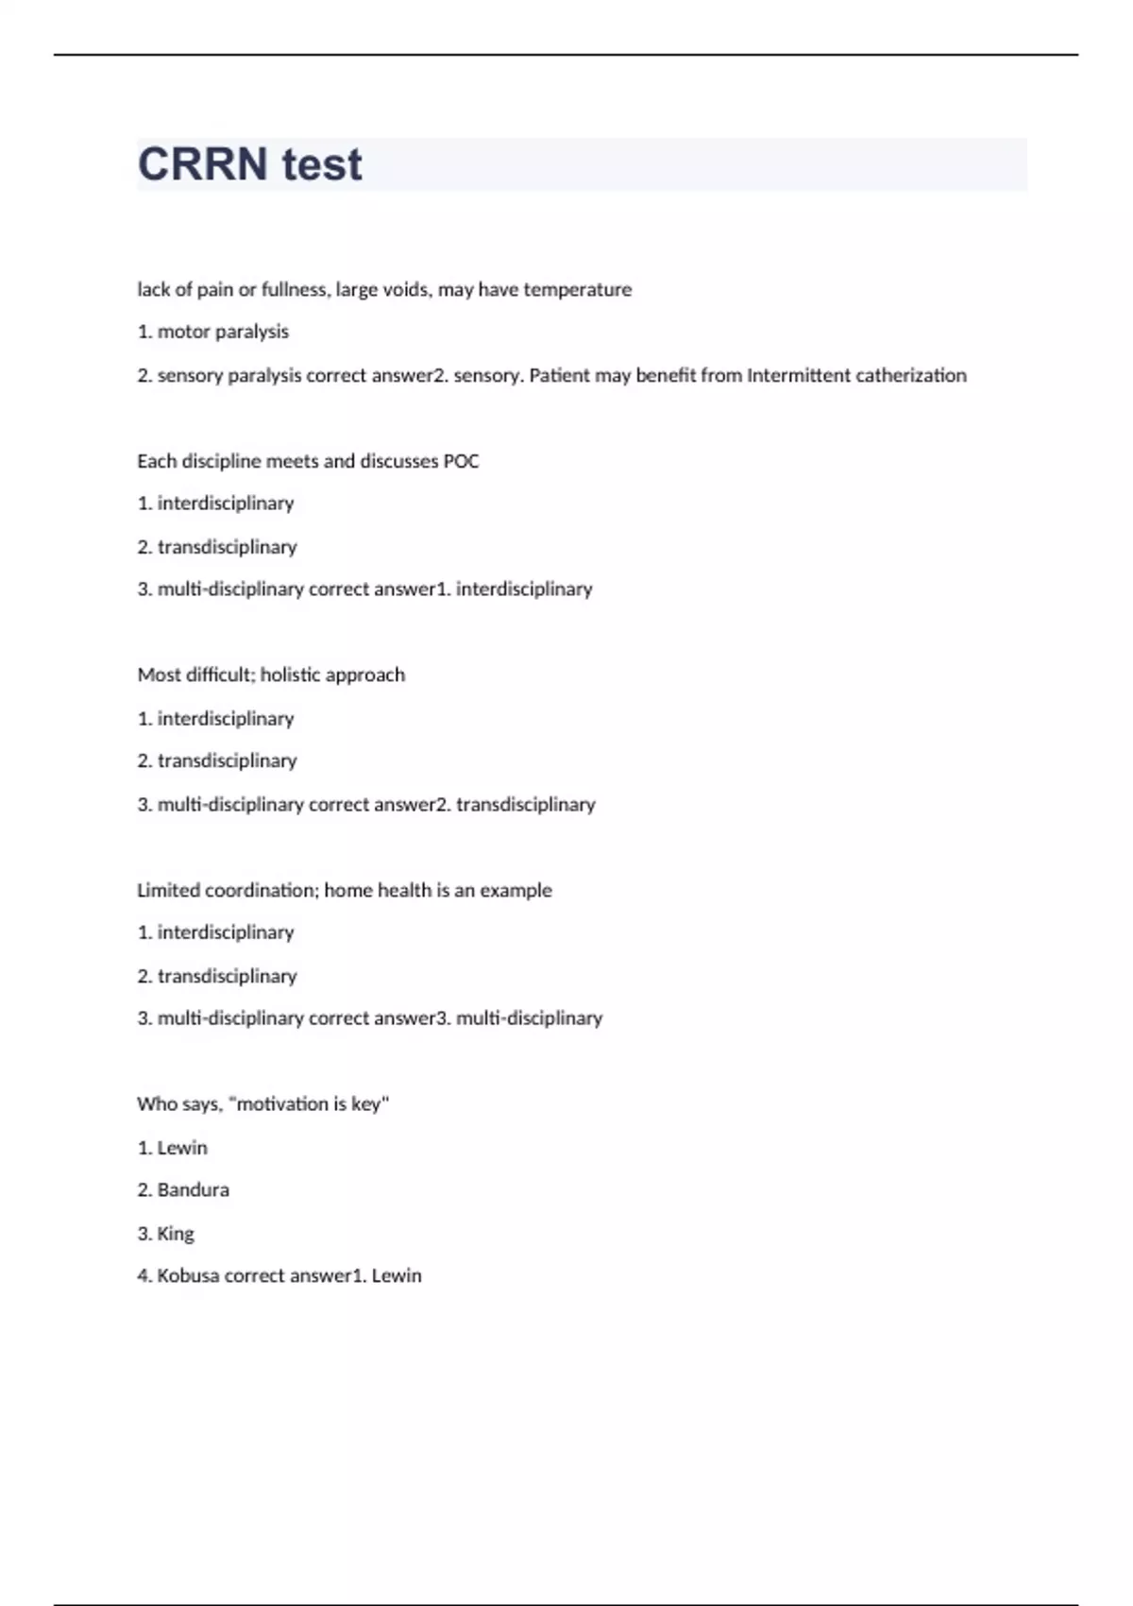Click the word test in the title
point(321,164)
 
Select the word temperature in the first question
point(577,290)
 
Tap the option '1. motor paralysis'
point(213,332)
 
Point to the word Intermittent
point(799,375)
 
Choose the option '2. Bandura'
point(183,1189)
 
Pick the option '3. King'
point(166,1233)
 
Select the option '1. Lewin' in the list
point(173,1147)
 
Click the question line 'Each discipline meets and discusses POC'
point(308,461)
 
